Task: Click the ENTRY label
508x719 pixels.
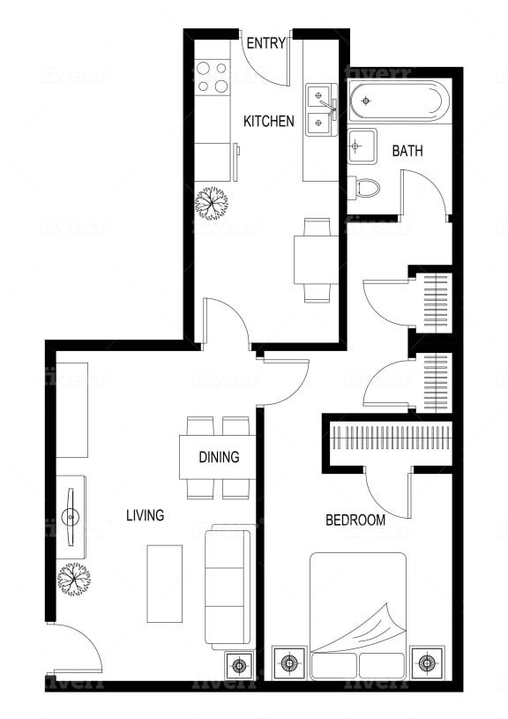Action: click(266, 43)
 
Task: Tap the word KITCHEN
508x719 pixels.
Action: click(269, 122)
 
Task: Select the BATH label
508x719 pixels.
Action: click(407, 151)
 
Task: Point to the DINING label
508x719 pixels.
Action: click(219, 457)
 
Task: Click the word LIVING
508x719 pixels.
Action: click(145, 515)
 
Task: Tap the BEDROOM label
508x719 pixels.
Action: click(355, 520)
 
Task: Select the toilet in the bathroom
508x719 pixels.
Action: click(364, 189)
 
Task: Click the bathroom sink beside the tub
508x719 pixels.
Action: click(362, 146)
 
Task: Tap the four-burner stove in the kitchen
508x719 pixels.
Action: click(212, 78)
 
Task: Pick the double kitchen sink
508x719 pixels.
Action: click(321, 109)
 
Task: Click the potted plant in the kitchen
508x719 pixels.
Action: click(211, 203)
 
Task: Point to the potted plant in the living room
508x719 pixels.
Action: click(74, 579)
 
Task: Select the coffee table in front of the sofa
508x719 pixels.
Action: click(165, 584)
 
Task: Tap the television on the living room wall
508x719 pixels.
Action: click(71, 517)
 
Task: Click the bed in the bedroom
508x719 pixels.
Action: click(358, 616)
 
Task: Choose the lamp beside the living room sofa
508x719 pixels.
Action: click(239, 664)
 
